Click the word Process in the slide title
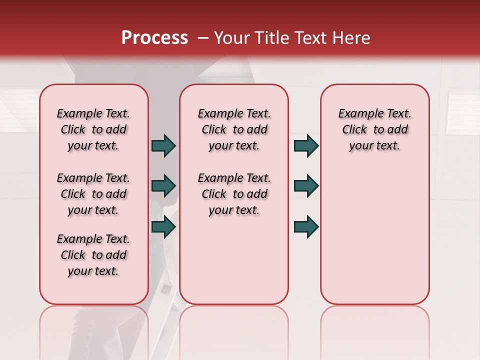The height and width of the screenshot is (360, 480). (x=154, y=38)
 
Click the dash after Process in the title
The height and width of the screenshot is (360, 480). (x=203, y=38)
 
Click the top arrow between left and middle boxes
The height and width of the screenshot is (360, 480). (x=163, y=146)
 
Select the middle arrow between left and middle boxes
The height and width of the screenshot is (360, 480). (x=163, y=186)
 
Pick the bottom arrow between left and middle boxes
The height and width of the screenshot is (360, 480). (x=163, y=227)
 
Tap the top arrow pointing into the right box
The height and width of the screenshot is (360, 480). (x=306, y=146)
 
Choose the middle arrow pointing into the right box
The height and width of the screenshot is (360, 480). (x=306, y=186)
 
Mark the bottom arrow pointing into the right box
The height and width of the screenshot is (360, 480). (x=306, y=227)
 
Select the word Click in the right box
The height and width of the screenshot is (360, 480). (x=354, y=130)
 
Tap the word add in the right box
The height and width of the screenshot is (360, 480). (x=398, y=130)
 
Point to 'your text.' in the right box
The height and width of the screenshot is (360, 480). (x=374, y=146)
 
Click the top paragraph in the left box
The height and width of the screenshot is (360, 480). (x=93, y=129)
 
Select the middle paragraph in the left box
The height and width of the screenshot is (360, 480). (x=93, y=194)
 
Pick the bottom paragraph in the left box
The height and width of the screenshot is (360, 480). (x=93, y=255)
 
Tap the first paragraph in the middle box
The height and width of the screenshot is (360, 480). (x=234, y=129)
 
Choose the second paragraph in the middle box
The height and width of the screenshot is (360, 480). (x=234, y=194)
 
